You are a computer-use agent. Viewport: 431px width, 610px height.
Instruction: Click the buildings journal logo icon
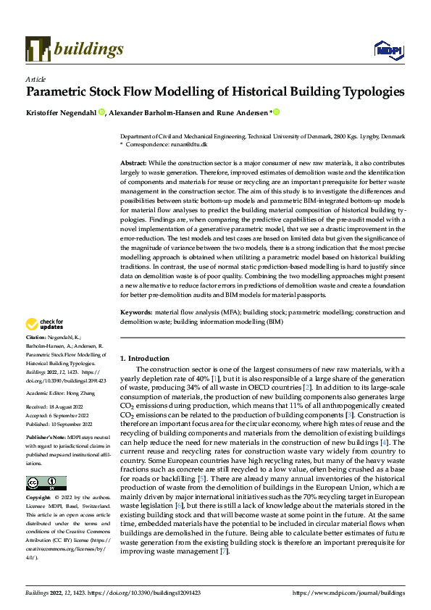click(37, 49)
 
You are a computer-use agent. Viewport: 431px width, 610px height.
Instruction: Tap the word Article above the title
click(35, 79)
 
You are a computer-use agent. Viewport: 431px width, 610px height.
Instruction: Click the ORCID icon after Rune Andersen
click(276, 112)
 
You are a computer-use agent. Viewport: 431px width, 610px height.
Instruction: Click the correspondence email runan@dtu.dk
click(191, 144)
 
